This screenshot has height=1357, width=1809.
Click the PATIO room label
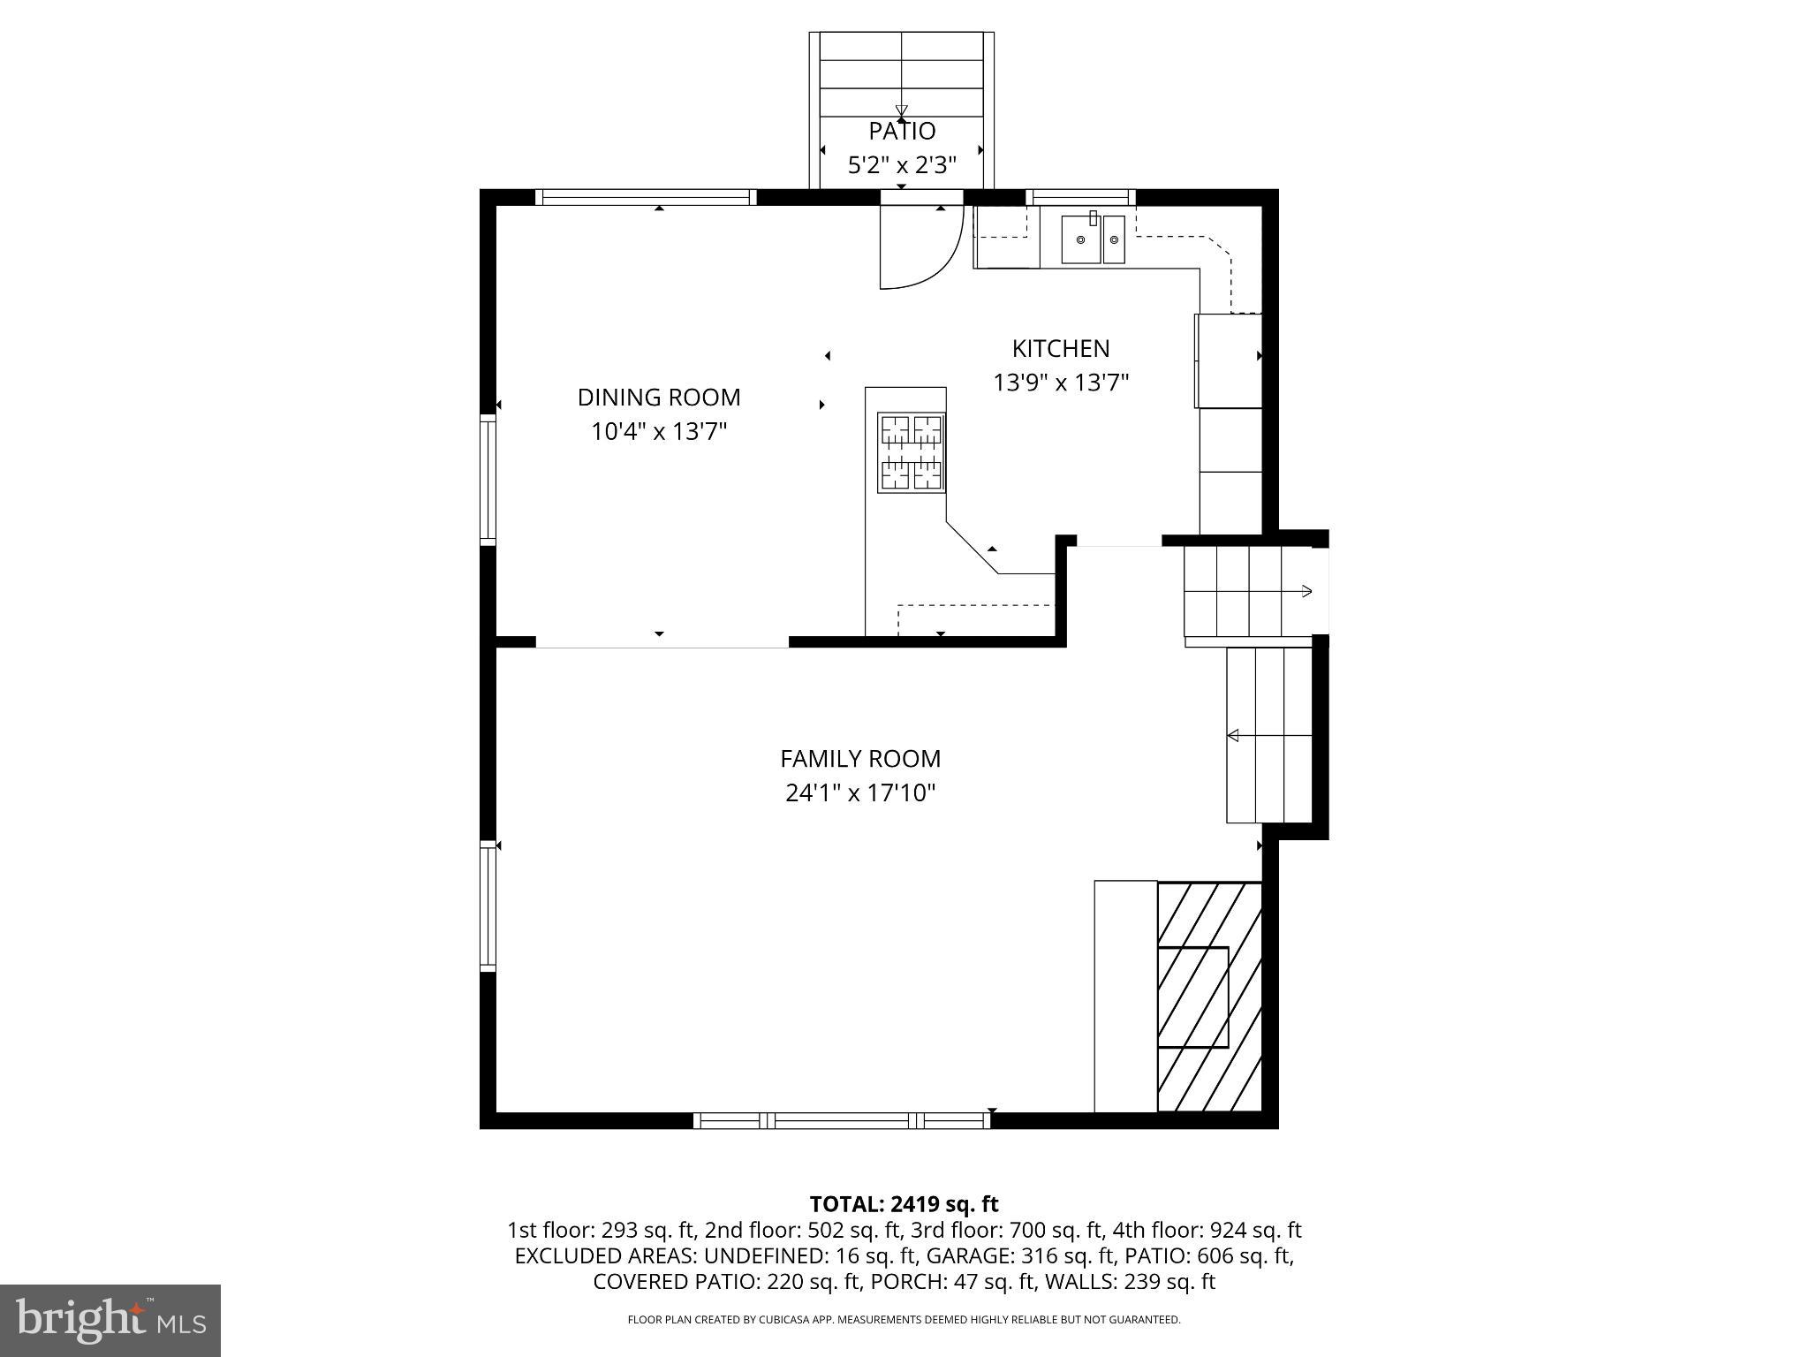pyautogui.click(x=902, y=131)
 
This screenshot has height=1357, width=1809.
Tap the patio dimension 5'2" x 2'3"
pyautogui.click(x=902, y=165)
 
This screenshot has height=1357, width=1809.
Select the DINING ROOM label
pyautogui.click(x=659, y=398)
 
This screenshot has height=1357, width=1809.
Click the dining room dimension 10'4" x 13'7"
pyautogui.click(x=659, y=432)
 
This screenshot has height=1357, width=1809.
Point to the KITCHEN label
pyautogui.click(x=1061, y=348)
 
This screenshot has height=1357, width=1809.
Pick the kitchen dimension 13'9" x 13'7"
pyautogui.click(x=1061, y=383)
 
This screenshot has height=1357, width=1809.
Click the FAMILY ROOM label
pyautogui.click(x=860, y=759)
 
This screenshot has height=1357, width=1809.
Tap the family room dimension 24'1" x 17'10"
pyautogui.click(x=860, y=793)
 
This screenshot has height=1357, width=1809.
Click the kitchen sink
pyautogui.click(x=1093, y=239)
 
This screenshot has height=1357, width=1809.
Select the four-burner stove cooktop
pyautogui.click(x=912, y=452)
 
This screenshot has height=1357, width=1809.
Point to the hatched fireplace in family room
pyautogui.click(x=1208, y=997)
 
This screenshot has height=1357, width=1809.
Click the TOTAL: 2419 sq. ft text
pyautogui.click(x=904, y=1204)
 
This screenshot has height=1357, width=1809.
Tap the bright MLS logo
pyautogui.click(x=110, y=1320)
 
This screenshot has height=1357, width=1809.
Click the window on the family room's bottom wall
pyautogui.click(x=841, y=1120)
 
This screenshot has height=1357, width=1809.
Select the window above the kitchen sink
pyautogui.click(x=1080, y=197)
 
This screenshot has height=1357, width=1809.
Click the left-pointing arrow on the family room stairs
pyautogui.click(x=1234, y=735)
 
